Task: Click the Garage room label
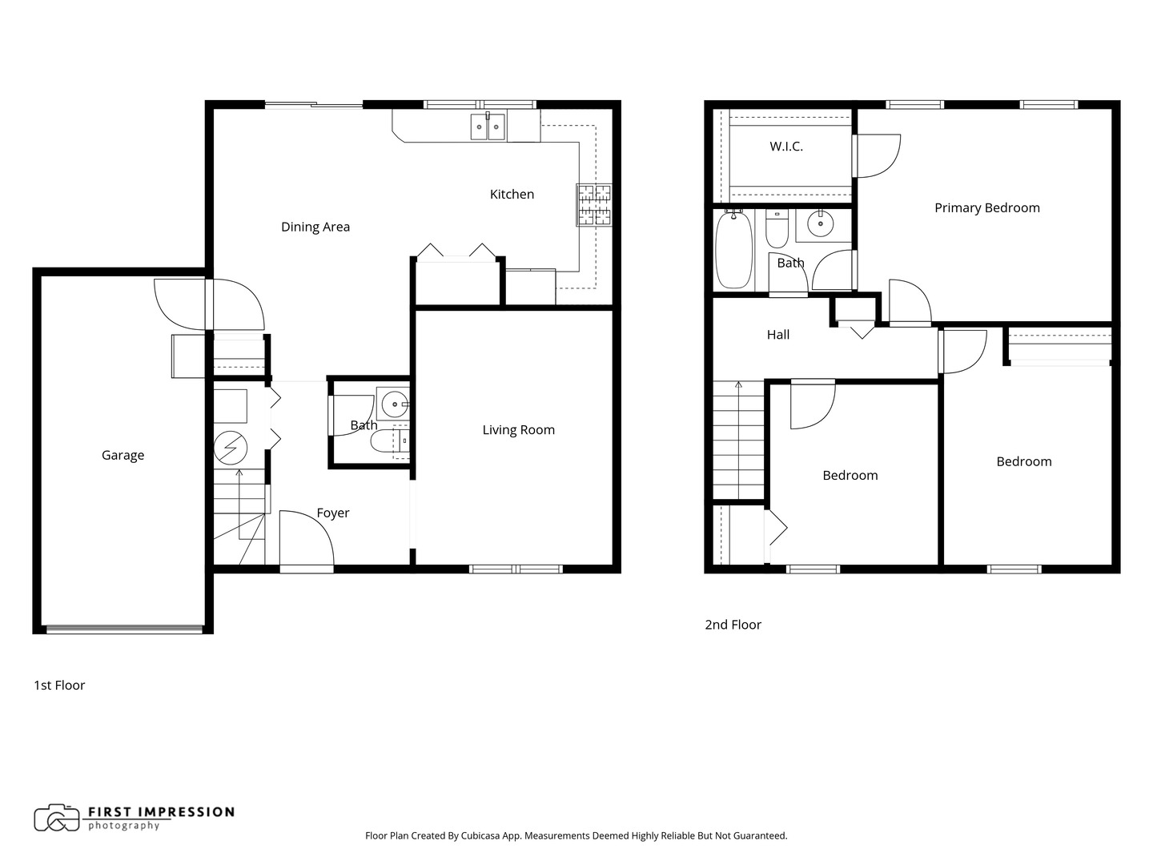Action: tap(123, 455)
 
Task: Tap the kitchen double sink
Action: tap(488, 127)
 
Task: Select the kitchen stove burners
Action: tap(593, 204)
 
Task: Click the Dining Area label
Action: tap(315, 227)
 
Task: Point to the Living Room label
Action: tap(518, 430)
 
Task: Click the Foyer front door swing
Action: tap(306, 540)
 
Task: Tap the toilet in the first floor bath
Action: tap(390, 441)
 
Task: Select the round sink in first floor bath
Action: tap(395, 404)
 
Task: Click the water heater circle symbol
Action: tap(231, 449)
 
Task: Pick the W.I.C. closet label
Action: tap(785, 147)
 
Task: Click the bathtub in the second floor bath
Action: tap(733, 249)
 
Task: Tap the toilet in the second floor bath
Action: tap(777, 229)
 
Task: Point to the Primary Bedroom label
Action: tap(986, 208)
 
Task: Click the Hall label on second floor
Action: tap(777, 335)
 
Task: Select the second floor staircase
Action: tap(738, 441)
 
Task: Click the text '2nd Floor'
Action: tap(733, 625)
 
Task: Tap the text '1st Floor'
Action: tap(59, 685)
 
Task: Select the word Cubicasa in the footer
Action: tap(482, 835)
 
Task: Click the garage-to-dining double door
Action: tap(209, 304)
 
